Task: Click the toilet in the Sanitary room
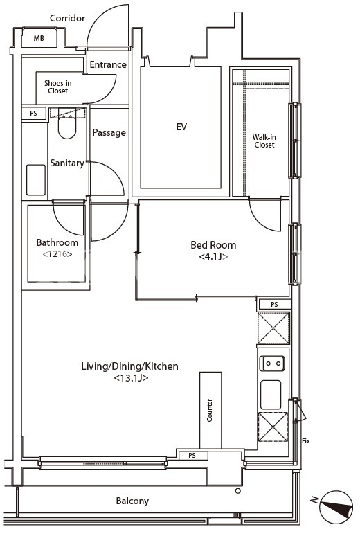click(67, 124)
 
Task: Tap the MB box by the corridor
click(39, 38)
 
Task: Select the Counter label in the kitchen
click(210, 410)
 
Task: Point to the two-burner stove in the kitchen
click(272, 364)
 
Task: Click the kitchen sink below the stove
click(271, 395)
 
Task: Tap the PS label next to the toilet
click(33, 113)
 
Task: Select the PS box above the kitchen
click(274, 304)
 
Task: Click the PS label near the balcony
click(192, 456)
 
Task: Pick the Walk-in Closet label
click(264, 141)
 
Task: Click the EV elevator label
click(181, 127)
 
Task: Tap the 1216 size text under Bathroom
click(57, 254)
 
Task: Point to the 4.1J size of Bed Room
click(213, 256)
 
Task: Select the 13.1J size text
click(131, 378)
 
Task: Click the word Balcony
click(132, 501)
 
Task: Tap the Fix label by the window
click(306, 441)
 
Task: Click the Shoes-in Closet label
click(57, 87)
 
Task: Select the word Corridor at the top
click(67, 18)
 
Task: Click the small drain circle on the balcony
click(238, 491)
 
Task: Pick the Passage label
click(109, 133)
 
